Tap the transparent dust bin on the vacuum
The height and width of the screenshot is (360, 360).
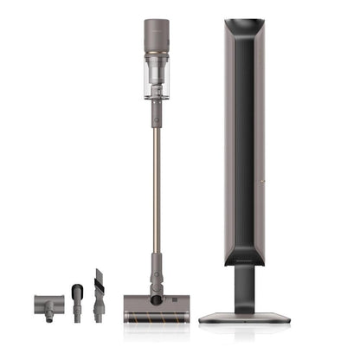[x=157, y=78]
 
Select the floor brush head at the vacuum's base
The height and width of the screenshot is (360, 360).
[x=157, y=305]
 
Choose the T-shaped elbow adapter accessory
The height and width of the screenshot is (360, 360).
[x=47, y=304]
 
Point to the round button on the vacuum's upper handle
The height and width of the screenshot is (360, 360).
[x=157, y=112]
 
